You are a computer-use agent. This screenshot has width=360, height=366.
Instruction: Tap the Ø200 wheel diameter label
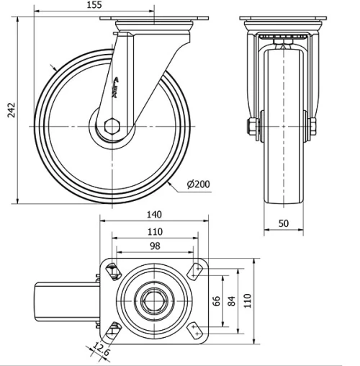pyautogui.click(x=198, y=184)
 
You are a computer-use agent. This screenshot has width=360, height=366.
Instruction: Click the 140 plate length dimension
pyautogui.click(x=154, y=215)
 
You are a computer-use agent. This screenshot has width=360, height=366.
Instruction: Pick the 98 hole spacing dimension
pyautogui.click(x=154, y=246)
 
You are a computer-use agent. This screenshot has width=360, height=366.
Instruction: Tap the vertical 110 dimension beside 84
pyautogui.click(x=248, y=300)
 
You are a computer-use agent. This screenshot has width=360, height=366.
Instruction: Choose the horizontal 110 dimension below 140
pyautogui.click(x=154, y=231)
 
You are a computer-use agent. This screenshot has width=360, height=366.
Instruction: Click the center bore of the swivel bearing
pyautogui.click(x=153, y=300)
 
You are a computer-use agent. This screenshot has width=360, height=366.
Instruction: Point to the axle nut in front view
pyautogui.click(x=251, y=128)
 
